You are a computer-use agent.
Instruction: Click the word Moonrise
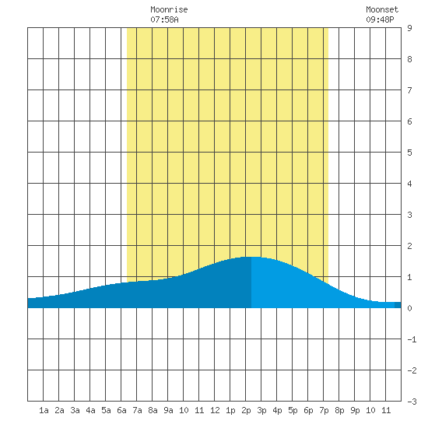169,9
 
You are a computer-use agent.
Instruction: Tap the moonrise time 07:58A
164,19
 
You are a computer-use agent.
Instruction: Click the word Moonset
382,9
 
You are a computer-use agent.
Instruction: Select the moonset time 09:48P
380,19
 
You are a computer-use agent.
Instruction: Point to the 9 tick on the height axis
409,28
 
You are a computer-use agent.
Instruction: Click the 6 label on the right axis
409,121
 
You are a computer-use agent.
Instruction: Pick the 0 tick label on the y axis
409,308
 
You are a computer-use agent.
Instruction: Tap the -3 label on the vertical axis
412,402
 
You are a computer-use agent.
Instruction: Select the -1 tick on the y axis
412,339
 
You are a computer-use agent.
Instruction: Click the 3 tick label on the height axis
409,215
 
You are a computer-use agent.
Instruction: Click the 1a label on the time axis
44,410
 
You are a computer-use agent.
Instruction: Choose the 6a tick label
121,410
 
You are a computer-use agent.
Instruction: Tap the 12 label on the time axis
215,410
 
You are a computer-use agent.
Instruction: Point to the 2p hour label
246,410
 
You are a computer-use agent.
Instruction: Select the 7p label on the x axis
324,410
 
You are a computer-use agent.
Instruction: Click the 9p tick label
355,410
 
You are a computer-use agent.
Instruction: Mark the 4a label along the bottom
90,410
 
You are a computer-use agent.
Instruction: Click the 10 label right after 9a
184,410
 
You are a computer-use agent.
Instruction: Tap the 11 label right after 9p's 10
386,410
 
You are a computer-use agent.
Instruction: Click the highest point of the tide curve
251,257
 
